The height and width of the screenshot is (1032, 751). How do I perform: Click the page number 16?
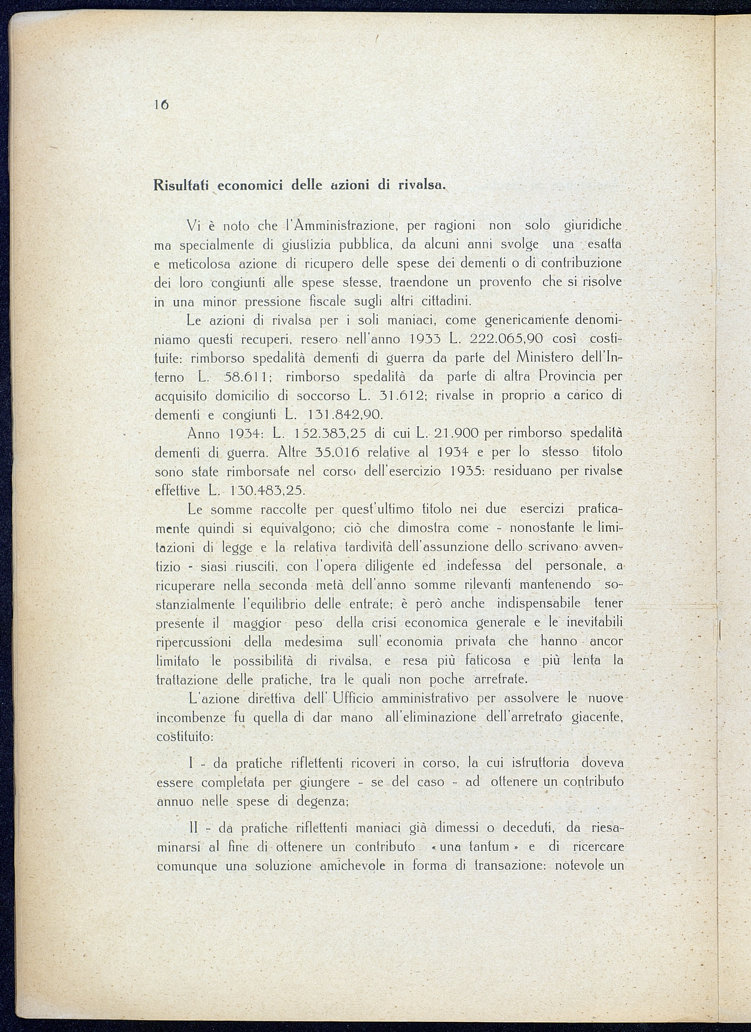pos(161,104)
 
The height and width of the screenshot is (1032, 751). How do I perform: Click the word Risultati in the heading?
pos(180,185)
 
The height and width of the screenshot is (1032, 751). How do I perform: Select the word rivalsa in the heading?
pos(422,185)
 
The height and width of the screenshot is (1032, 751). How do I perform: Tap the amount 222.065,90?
pos(507,339)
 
